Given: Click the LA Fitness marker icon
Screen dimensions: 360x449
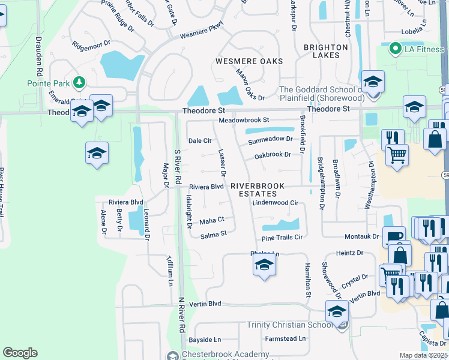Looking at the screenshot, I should pyautogui.click(x=395, y=48).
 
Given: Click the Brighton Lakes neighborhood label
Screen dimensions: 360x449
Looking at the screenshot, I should pyautogui.click(x=326, y=51).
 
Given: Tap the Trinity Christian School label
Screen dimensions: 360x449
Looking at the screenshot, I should pyautogui.click(x=289, y=325).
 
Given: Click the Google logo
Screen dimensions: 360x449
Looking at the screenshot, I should pyautogui.click(x=20, y=353).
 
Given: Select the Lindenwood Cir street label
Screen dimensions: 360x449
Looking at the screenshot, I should pyautogui.click(x=275, y=203).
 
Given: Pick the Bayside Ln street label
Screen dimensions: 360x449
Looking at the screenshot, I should pyautogui.click(x=205, y=340).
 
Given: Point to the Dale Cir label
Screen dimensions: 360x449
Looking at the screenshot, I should pyautogui.click(x=200, y=140).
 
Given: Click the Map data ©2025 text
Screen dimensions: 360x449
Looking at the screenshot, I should pyautogui.click(x=423, y=355).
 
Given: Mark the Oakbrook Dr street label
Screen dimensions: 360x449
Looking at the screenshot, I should pyautogui.click(x=273, y=154).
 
